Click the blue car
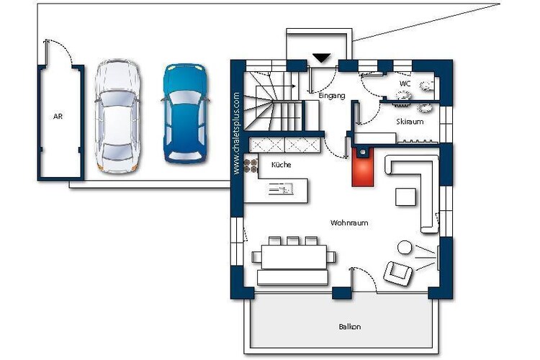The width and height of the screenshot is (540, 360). (186, 113)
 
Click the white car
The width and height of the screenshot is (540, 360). (117, 116)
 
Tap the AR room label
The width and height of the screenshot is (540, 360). (58, 117)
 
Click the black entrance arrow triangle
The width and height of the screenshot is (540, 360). (322, 58)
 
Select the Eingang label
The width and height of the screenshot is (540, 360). (332, 96)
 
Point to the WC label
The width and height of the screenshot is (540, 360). (405, 84)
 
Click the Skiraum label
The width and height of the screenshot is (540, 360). (410, 122)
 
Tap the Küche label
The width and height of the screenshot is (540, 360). (282, 165)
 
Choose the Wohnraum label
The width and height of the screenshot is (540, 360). (349, 223)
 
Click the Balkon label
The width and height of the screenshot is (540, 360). (350, 327)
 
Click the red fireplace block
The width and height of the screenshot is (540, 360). (363, 167)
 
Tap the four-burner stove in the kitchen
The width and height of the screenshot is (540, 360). (251, 166)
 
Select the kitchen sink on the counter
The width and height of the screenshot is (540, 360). (281, 189)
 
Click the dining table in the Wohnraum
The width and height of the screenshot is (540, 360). (294, 256)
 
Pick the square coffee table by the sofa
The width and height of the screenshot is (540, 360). (405, 197)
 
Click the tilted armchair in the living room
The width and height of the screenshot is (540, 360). (397, 273)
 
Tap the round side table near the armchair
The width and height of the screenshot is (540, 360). (405, 248)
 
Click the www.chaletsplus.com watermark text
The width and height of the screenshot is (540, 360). (237, 133)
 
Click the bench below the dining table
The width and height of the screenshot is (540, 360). (292, 277)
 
